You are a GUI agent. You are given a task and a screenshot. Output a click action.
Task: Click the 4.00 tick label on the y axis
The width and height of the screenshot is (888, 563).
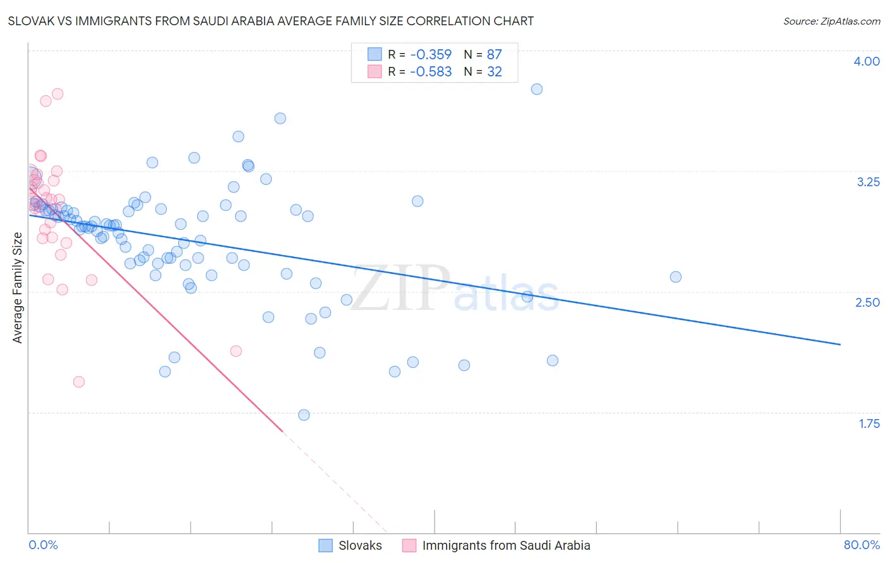pyautogui.click(x=867, y=61)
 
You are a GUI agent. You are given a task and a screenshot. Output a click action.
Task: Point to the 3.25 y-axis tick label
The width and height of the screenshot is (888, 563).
pyautogui.click(x=868, y=182)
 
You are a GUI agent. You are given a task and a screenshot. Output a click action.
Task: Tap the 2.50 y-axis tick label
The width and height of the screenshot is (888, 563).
pyautogui.click(x=867, y=302)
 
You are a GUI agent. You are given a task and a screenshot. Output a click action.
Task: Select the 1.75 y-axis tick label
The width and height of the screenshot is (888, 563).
pyautogui.click(x=869, y=424)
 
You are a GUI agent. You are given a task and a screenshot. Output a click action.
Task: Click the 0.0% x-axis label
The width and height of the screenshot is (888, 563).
pyautogui.click(x=43, y=545)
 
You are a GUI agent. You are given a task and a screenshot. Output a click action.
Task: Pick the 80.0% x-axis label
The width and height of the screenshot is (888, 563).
pyautogui.click(x=861, y=545)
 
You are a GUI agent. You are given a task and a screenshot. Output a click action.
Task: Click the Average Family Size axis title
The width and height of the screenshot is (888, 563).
pyautogui.click(x=18, y=288)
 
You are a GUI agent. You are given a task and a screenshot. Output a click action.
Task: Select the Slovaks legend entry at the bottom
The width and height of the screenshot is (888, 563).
pyautogui.click(x=360, y=545)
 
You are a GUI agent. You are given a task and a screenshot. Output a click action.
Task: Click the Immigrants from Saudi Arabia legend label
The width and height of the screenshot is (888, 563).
pyautogui.click(x=506, y=545)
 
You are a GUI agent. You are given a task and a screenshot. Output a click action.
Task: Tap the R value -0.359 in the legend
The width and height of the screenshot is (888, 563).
pyautogui.click(x=431, y=54)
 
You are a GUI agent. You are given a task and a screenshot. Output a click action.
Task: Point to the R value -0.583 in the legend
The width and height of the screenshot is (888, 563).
pyautogui.click(x=431, y=72)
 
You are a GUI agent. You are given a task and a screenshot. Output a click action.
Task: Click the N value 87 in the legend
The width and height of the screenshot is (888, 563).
pyautogui.click(x=494, y=54)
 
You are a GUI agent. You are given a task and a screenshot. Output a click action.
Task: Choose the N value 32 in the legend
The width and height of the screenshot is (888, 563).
pyautogui.click(x=494, y=72)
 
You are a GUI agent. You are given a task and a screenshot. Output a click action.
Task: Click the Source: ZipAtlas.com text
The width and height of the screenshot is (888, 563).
pyautogui.click(x=831, y=21)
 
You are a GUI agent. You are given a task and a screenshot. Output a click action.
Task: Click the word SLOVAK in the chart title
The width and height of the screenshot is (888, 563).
pyautogui.click(x=31, y=21)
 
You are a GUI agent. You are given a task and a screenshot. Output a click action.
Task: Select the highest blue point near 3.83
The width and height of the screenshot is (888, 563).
pyautogui.click(x=537, y=89)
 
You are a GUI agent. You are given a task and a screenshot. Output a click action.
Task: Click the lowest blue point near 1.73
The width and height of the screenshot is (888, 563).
pyautogui.click(x=304, y=415)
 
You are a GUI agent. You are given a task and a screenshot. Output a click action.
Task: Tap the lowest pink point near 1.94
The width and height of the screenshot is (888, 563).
pyautogui.click(x=79, y=382)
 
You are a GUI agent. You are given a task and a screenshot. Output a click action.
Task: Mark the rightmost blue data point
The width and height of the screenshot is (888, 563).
pyautogui.click(x=676, y=277)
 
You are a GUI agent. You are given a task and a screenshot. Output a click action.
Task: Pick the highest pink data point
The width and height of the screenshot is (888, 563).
pyautogui.click(x=57, y=94)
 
